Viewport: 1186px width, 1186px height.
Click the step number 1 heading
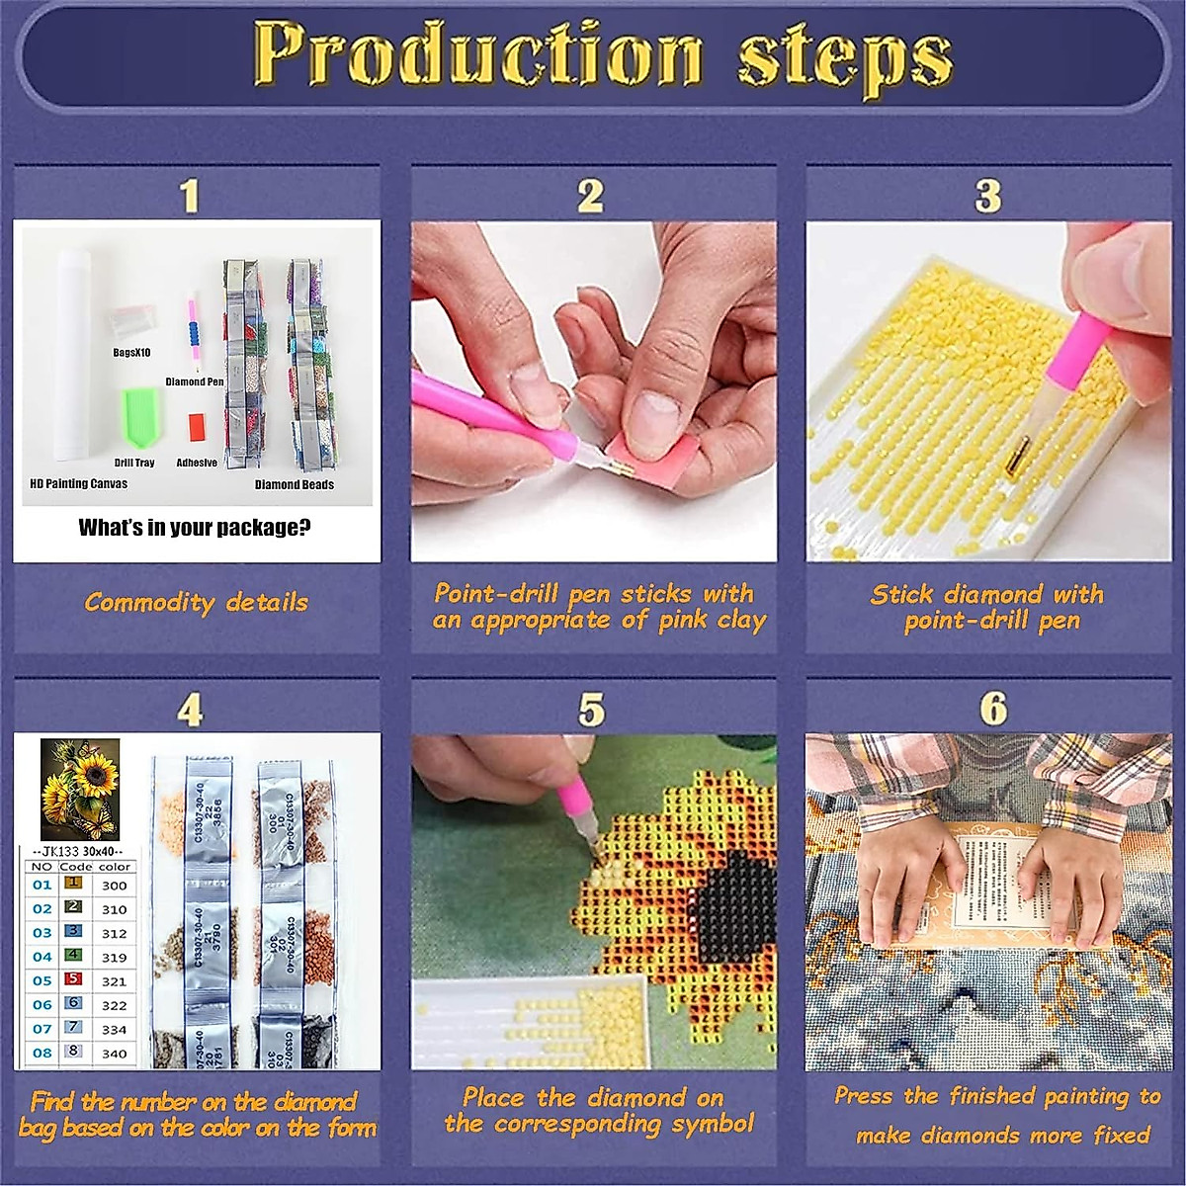190,196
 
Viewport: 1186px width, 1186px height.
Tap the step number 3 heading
987,196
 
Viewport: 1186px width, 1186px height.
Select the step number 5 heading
591,710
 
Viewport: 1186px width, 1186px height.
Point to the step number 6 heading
993,709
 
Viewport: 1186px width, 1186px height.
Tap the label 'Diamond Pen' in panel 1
194,381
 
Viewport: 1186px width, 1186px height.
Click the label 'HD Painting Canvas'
78,483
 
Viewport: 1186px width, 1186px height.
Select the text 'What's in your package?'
195,528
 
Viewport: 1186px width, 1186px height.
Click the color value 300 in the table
115,886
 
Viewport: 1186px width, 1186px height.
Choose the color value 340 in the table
115,1054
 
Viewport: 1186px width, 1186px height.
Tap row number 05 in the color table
42,981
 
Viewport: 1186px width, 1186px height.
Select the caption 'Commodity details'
196,602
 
